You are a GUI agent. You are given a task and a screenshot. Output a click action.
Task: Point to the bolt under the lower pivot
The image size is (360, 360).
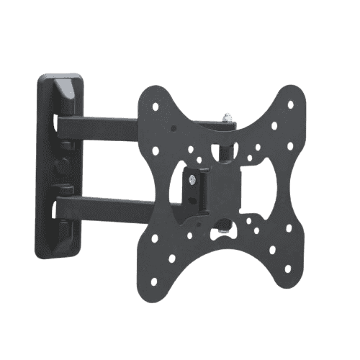pyautogui.click(x=228, y=232)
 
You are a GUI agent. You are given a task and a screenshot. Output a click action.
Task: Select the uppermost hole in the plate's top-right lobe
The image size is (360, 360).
pyautogui.click(x=290, y=104)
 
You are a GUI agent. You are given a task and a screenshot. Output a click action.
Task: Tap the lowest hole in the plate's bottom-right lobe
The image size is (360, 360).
pyautogui.click(x=287, y=269)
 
